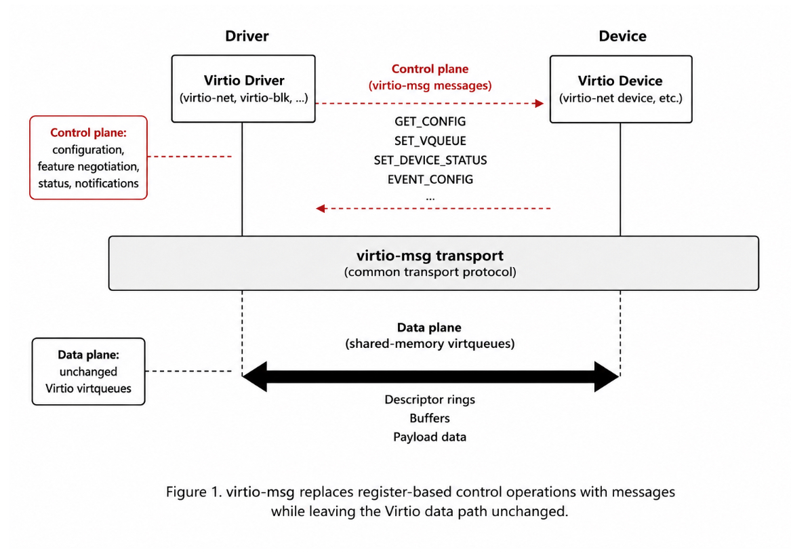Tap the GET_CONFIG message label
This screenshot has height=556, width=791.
pos(430,121)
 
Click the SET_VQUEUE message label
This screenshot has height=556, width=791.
pos(430,141)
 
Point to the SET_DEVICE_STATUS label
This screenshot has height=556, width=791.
pos(430,161)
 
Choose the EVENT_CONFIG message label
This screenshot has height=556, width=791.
pos(430,180)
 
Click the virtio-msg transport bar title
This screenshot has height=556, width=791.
pos(430,256)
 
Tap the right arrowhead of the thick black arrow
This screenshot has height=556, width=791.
pos(607,376)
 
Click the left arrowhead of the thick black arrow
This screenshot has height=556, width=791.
pos(255,376)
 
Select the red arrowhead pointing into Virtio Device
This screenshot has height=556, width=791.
pos(540,104)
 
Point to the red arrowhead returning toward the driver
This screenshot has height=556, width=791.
pos(321,208)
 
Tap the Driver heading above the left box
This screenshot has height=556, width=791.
pos(247,36)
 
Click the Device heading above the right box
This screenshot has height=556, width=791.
pos(622,36)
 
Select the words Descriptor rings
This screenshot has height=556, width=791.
pos(430,399)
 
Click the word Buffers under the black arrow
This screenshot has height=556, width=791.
pos(430,418)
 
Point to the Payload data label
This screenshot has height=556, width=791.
pos(430,437)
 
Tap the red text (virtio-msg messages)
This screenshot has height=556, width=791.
pos(430,85)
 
